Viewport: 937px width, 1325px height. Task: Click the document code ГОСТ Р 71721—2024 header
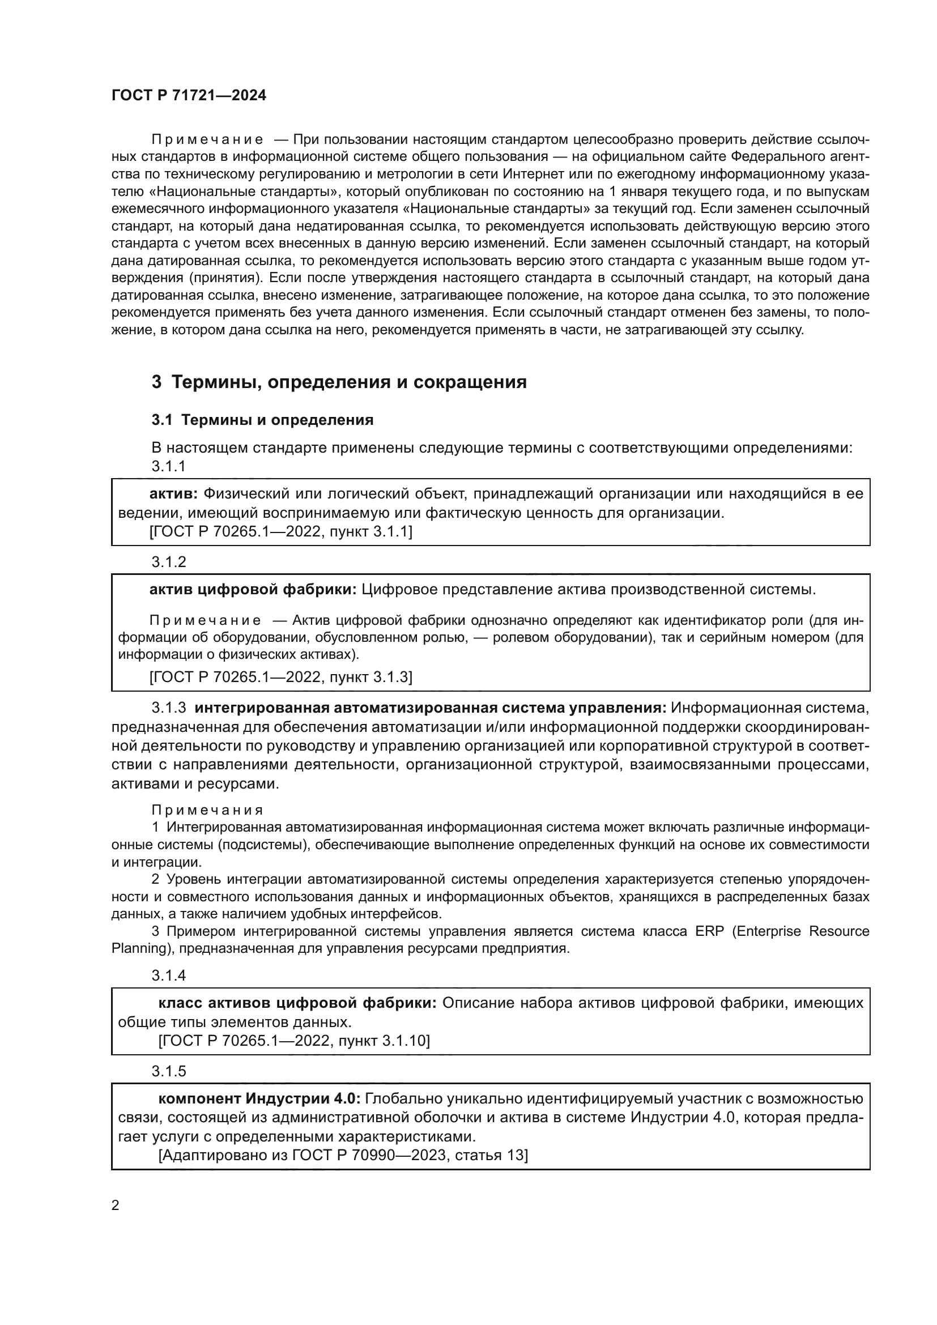pyautogui.click(x=189, y=96)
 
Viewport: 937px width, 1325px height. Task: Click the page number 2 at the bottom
pyautogui.click(x=116, y=1205)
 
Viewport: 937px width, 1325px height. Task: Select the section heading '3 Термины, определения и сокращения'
pyautogui.click(x=339, y=382)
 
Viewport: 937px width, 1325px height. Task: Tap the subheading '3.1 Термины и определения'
pyautogui.click(x=262, y=420)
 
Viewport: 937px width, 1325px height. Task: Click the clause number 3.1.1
pyautogui.click(x=168, y=466)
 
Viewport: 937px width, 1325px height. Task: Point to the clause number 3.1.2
pyautogui.click(x=168, y=561)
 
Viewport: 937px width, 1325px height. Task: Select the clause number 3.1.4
pyautogui.click(x=168, y=975)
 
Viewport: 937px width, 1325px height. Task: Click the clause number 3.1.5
pyautogui.click(x=168, y=1071)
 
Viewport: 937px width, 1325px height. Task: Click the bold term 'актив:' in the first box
pyautogui.click(x=174, y=494)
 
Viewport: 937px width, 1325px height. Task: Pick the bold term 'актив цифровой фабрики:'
pyautogui.click(x=253, y=589)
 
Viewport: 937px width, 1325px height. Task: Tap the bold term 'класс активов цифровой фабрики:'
pyautogui.click(x=297, y=1003)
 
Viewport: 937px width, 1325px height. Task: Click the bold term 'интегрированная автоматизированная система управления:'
pyautogui.click(x=431, y=708)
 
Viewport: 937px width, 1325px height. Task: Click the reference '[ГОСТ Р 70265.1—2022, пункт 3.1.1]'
pyautogui.click(x=280, y=531)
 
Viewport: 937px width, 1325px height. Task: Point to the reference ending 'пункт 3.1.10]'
pyautogui.click(x=294, y=1041)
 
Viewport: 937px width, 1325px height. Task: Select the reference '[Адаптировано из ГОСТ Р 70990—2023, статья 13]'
pyautogui.click(x=343, y=1155)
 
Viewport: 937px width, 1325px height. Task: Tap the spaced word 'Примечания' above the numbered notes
pyautogui.click(x=207, y=810)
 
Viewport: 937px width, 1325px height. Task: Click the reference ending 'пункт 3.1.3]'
pyautogui.click(x=280, y=676)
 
